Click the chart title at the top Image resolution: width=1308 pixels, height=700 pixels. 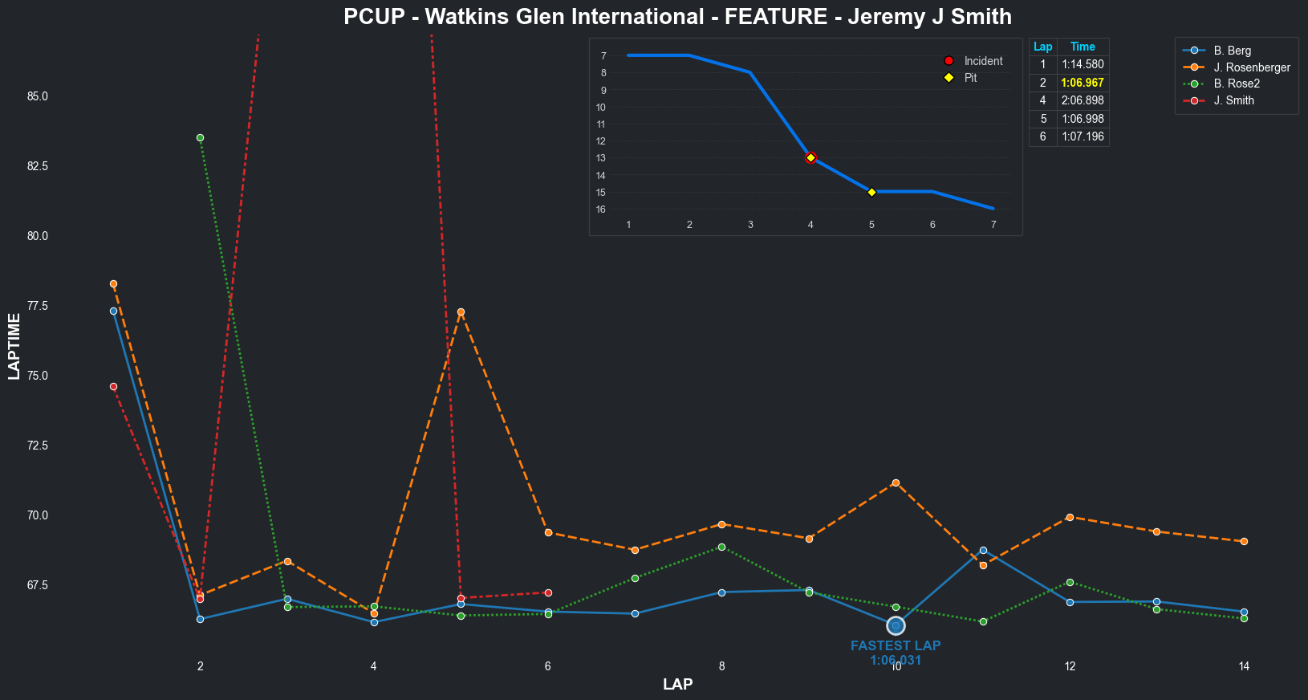click(677, 17)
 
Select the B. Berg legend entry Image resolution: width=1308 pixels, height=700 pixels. click(1232, 51)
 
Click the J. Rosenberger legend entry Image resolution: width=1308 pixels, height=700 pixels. click(1251, 67)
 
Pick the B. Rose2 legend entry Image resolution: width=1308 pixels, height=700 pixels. click(1237, 83)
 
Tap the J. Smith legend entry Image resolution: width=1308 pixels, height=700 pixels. click(1233, 100)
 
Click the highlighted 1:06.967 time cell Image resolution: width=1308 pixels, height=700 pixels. click(1083, 83)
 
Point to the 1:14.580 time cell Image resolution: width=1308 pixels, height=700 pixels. click(1083, 65)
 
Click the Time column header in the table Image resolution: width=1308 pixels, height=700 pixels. click(1083, 47)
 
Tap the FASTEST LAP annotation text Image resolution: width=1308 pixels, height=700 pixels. click(896, 646)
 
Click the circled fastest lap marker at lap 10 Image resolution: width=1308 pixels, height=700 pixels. click(896, 625)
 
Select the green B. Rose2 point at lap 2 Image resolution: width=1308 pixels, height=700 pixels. click(201, 138)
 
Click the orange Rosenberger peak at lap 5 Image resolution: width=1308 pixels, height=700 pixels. click(461, 311)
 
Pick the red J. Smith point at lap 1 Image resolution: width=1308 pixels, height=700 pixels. click(113, 387)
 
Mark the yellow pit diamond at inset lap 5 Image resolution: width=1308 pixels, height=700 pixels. click(871, 192)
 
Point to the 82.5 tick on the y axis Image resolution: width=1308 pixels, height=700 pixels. click(37, 166)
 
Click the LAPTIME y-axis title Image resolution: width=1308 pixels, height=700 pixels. click(14, 346)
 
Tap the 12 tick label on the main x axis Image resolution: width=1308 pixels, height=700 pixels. click(1070, 666)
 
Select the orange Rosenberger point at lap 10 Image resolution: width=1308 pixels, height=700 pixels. click(896, 482)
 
